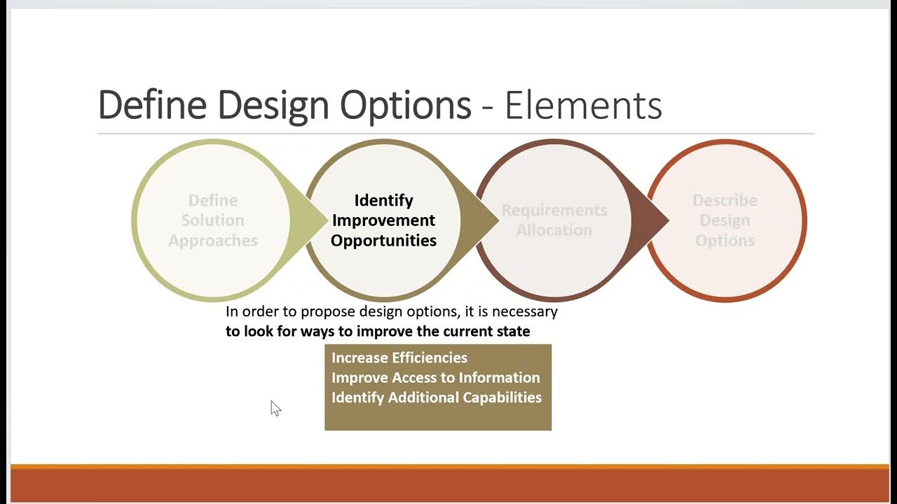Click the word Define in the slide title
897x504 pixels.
click(x=152, y=106)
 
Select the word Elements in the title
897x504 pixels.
click(x=583, y=106)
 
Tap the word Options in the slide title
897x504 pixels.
click(x=405, y=106)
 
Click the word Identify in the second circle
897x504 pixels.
click(x=383, y=201)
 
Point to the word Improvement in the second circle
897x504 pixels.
click(x=383, y=220)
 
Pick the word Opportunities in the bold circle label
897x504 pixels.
click(x=383, y=241)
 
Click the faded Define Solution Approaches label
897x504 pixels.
click(x=213, y=220)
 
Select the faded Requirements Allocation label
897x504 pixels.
click(x=554, y=220)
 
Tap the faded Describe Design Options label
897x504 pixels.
click(x=725, y=220)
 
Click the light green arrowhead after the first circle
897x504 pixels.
click(x=309, y=220)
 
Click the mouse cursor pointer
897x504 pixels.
click(x=275, y=408)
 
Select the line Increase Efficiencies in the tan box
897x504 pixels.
click(x=399, y=358)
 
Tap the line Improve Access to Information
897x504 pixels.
click(x=435, y=378)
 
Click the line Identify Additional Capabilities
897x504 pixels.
click(x=437, y=398)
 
